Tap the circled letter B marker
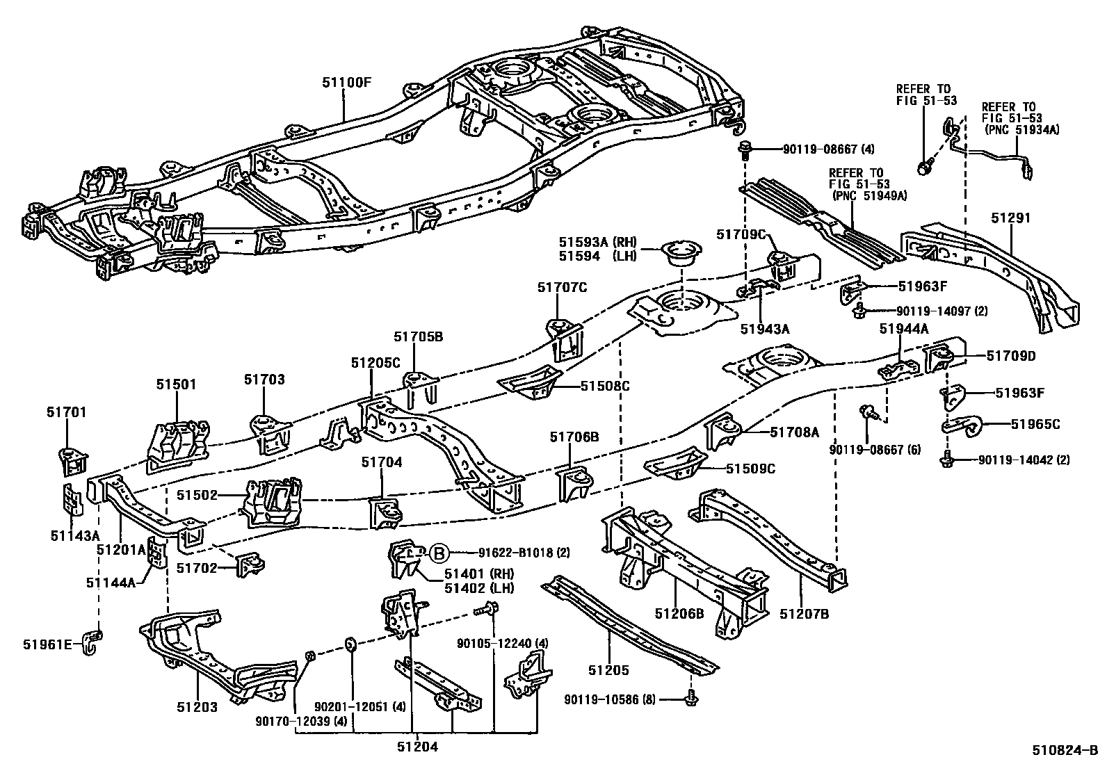click(439, 553)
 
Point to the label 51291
click(1010, 218)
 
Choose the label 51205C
click(375, 362)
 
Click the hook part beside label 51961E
click(92, 640)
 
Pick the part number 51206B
click(679, 614)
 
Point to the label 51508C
click(605, 386)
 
